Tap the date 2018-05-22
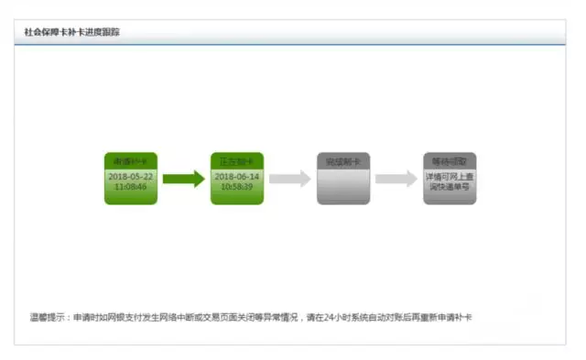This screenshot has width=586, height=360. (131, 175)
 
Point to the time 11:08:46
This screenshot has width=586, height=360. (131, 186)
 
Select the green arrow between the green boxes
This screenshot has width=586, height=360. (184, 179)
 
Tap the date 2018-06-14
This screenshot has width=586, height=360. (237, 175)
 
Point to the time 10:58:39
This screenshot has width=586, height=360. (237, 186)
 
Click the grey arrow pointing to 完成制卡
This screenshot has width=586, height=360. (290, 179)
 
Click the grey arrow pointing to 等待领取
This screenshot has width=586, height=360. (396, 179)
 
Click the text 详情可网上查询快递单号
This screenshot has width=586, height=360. (450, 180)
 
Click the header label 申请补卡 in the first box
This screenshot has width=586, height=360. (131, 161)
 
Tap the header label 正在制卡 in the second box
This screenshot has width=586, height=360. (237, 161)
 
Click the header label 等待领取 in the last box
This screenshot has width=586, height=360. (450, 161)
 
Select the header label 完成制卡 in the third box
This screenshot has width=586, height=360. (343, 161)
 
